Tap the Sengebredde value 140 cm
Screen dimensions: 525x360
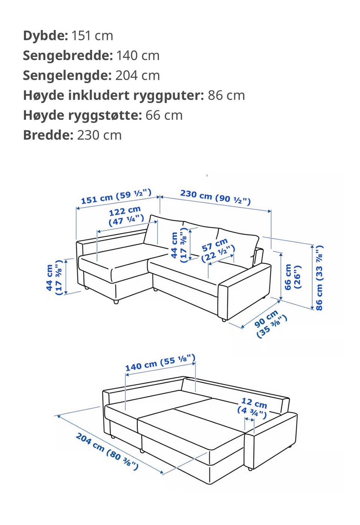coord(138,56)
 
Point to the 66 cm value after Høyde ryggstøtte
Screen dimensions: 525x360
coord(164,115)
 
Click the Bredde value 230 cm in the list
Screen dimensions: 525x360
coord(99,135)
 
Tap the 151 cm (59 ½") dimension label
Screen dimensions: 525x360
coord(116,197)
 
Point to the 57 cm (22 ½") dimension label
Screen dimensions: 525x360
coord(217,250)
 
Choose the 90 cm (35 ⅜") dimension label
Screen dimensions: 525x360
coord(270,324)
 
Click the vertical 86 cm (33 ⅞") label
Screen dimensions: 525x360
coord(319,278)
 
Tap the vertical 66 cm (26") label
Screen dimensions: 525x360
coord(292,277)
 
